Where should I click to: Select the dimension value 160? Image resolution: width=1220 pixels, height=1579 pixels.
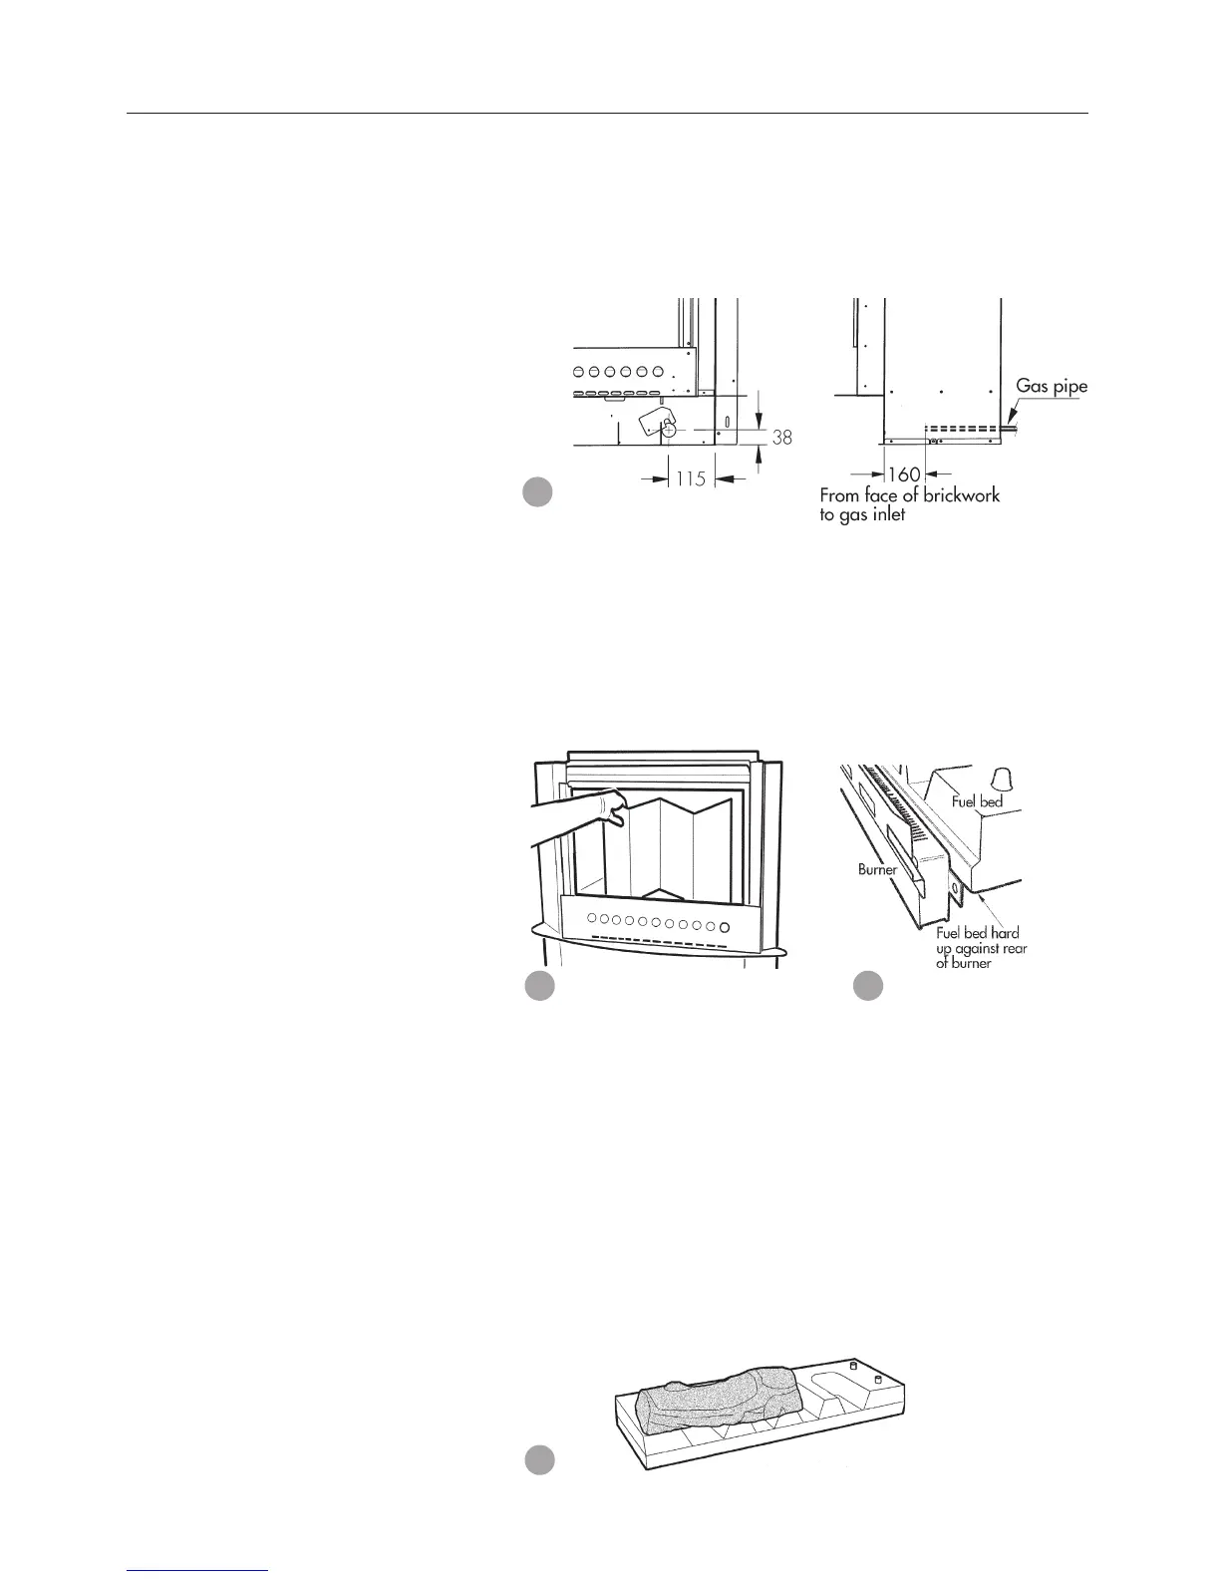(x=904, y=474)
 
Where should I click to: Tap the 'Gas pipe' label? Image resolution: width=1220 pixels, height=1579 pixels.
(x=1052, y=387)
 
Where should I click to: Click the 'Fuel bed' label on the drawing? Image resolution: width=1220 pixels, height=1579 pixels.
(x=976, y=800)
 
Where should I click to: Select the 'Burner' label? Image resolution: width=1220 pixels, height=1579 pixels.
(x=878, y=869)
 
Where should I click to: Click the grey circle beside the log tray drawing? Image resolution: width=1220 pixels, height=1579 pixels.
(x=539, y=1459)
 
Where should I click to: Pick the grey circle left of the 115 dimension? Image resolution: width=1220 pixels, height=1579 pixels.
(x=538, y=492)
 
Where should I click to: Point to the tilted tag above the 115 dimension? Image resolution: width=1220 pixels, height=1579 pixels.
(x=654, y=420)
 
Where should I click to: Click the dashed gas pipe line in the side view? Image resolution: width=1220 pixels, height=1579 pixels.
(x=962, y=431)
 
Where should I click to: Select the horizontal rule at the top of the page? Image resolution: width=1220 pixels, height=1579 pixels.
(x=608, y=114)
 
